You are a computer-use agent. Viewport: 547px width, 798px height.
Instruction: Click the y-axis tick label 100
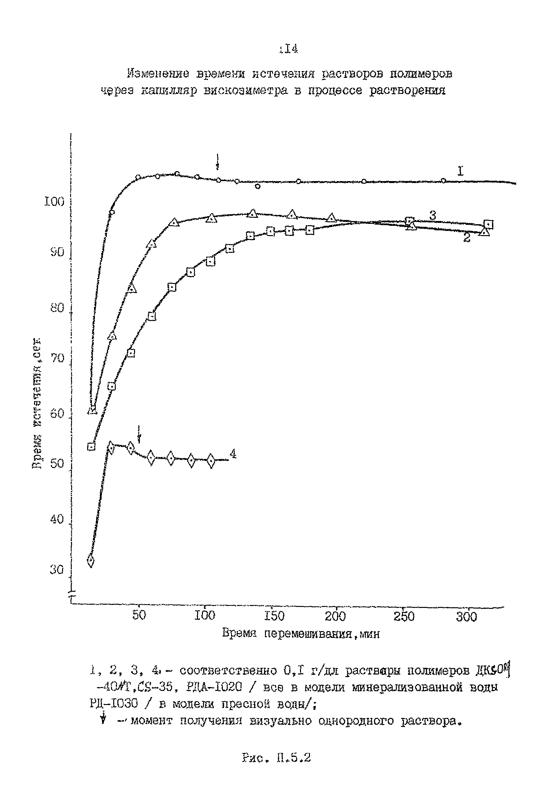click(x=54, y=202)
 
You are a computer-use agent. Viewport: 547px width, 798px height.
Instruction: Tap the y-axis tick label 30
click(x=57, y=570)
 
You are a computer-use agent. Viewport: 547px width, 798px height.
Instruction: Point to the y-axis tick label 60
click(x=57, y=413)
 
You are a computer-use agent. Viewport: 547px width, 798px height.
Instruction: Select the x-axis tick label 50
click(x=139, y=615)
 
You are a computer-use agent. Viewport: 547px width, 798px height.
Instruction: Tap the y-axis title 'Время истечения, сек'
click(x=37, y=403)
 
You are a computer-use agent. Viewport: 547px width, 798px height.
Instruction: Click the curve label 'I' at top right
click(x=460, y=171)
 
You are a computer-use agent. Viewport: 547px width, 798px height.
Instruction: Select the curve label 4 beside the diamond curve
click(x=233, y=454)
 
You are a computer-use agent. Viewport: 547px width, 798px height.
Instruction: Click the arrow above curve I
click(x=217, y=162)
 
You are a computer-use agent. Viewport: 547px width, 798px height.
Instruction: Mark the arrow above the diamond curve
click(x=139, y=434)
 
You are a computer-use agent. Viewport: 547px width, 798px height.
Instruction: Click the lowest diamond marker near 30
click(x=91, y=560)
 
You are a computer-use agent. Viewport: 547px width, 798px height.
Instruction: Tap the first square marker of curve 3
click(x=91, y=446)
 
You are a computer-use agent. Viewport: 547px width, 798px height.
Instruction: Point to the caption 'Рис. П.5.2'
click(x=276, y=757)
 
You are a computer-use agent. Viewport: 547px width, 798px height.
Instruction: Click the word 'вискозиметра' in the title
click(x=245, y=91)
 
